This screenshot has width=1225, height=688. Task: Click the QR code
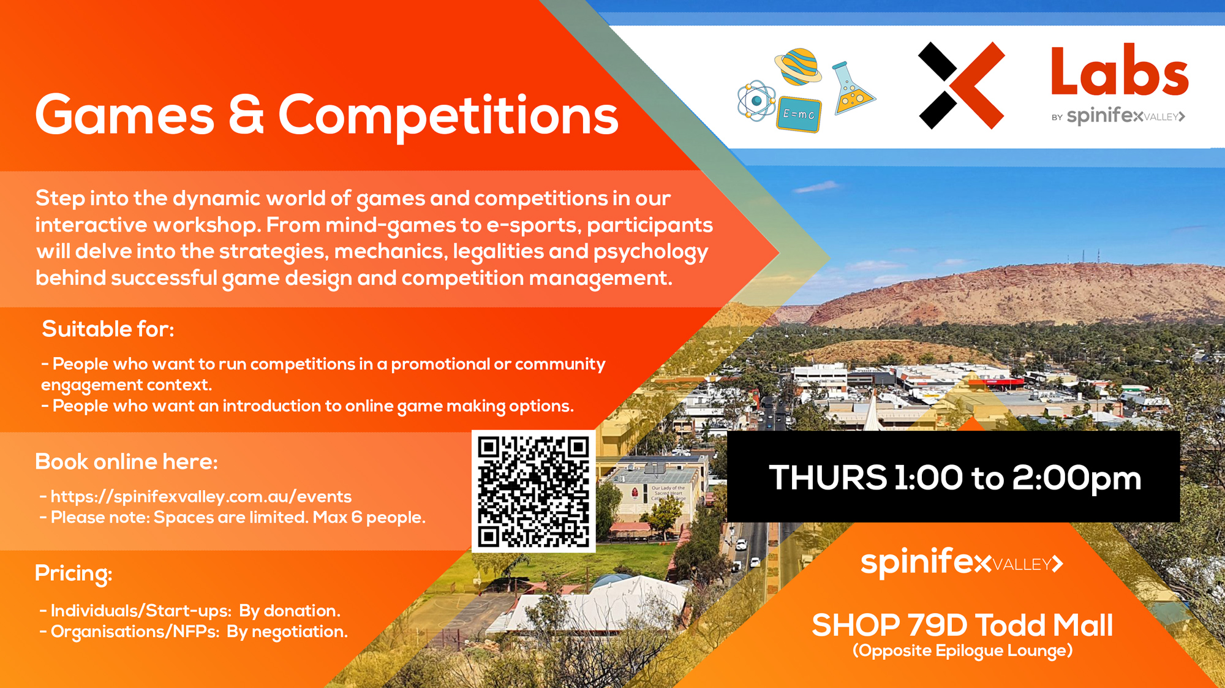(x=533, y=491)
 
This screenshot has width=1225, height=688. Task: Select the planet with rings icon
(x=799, y=66)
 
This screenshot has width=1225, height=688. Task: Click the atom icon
(x=756, y=101)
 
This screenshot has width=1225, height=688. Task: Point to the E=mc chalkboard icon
(x=799, y=114)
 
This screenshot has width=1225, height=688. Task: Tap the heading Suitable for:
(x=108, y=329)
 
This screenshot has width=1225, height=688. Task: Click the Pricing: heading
(x=73, y=573)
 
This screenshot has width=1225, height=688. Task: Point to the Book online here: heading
(x=126, y=461)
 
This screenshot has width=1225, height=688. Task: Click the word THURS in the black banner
(x=827, y=477)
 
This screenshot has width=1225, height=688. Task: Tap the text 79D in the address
(x=937, y=626)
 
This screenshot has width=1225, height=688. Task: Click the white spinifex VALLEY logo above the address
(x=962, y=561)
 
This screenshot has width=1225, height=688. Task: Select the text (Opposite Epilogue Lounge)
(x=962, y=651)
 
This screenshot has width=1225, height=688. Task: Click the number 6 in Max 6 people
(x=356, y=517)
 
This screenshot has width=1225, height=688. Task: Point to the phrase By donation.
(x=289, y=611)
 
